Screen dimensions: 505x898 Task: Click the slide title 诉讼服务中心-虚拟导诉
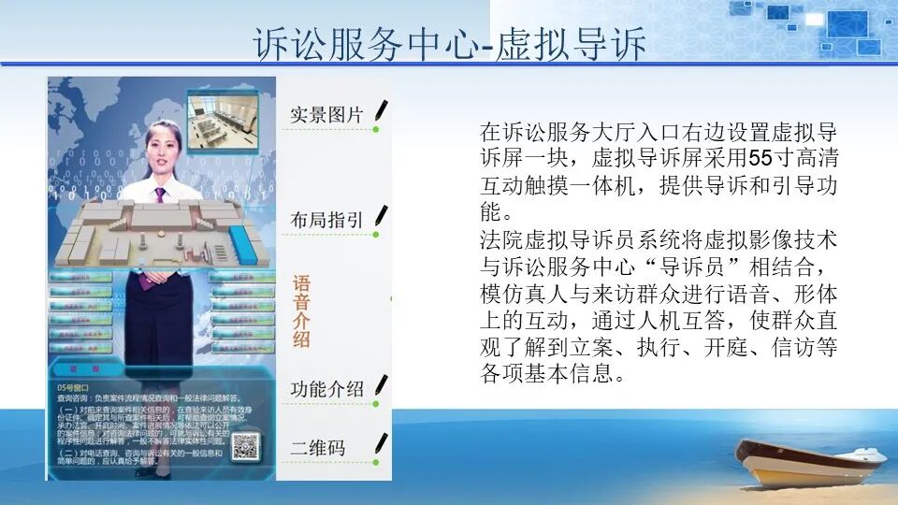[450, 44]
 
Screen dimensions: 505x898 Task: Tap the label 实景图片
[326, 115]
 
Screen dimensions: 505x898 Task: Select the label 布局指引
[326, 220]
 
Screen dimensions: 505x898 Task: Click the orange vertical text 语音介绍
[301, 311]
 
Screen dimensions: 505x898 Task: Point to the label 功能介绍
[326, 389]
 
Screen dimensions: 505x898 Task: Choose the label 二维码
[317, 448]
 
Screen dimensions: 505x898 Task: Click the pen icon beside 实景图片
[381, 111]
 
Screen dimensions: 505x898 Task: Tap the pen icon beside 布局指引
[381, 217]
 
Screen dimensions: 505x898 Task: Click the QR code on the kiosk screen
[245, 446]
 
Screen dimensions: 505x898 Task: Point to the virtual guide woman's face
[161, 149]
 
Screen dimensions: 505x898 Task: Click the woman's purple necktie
[160, 194]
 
